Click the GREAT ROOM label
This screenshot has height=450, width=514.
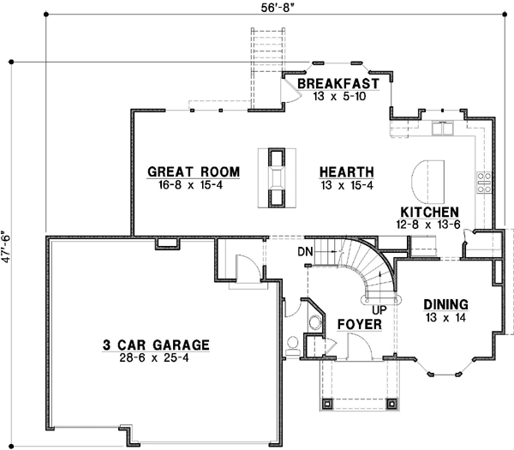(192, 171)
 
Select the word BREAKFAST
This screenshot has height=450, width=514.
(338, 84)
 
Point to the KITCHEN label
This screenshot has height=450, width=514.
(429, 212)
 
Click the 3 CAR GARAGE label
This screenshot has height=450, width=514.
(156, 345)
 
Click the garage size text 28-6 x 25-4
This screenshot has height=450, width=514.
(156, 357)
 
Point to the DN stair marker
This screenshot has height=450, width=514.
(304, 251)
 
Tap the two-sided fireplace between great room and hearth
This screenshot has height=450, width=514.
(275, 177)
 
